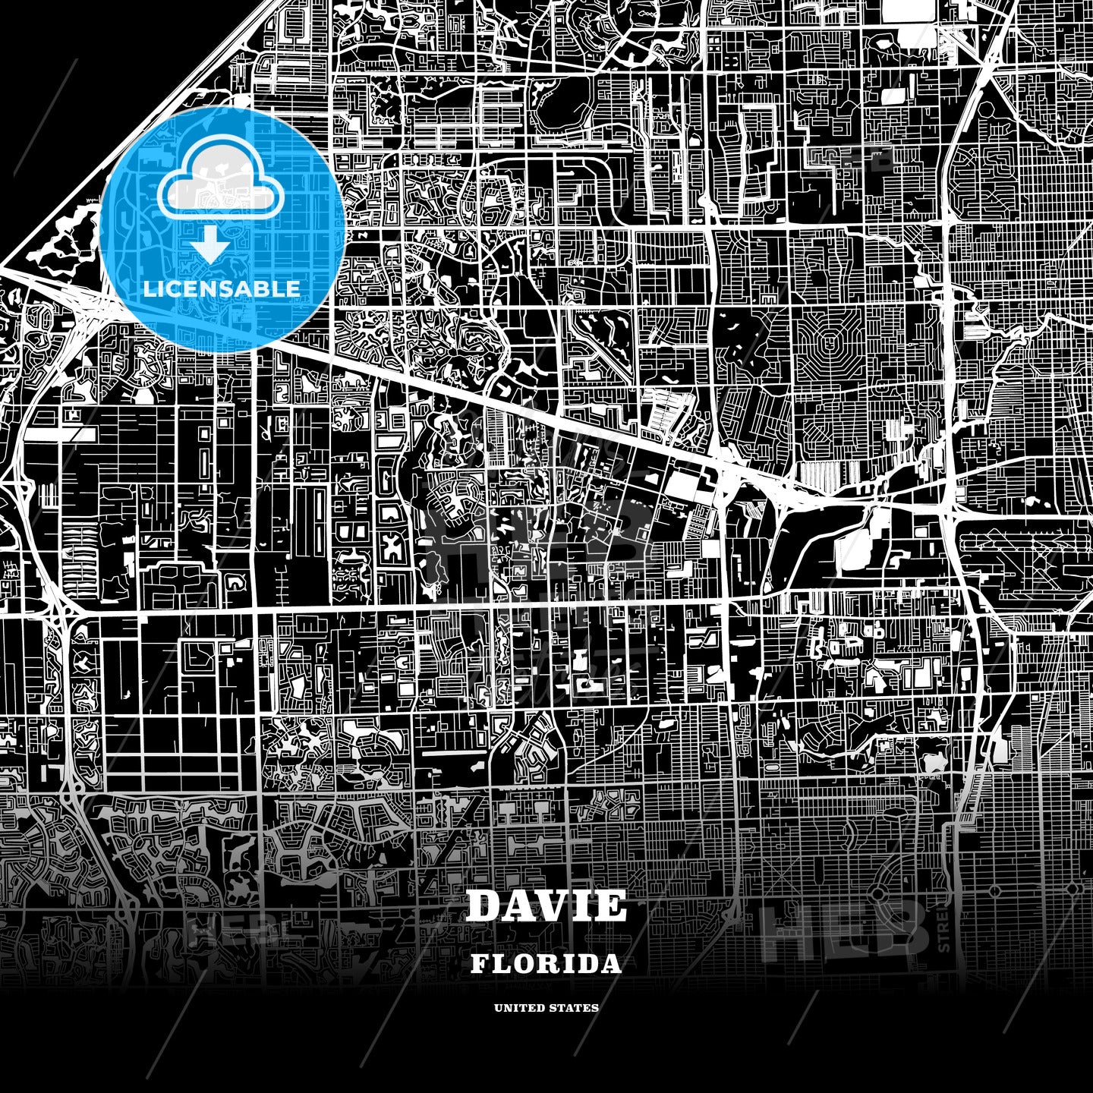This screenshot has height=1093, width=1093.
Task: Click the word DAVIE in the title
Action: coord(546,906)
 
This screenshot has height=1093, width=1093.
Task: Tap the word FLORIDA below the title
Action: coord(546,964)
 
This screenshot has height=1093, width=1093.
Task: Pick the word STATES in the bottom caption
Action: coord(574,1008)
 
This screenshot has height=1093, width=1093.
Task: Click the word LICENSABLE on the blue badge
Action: coord(221,288)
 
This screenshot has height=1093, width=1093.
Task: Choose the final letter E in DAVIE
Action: coord(611,906)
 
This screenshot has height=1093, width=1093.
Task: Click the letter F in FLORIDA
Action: coord(480,964)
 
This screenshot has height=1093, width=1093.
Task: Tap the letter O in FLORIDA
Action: coord(521,964)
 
